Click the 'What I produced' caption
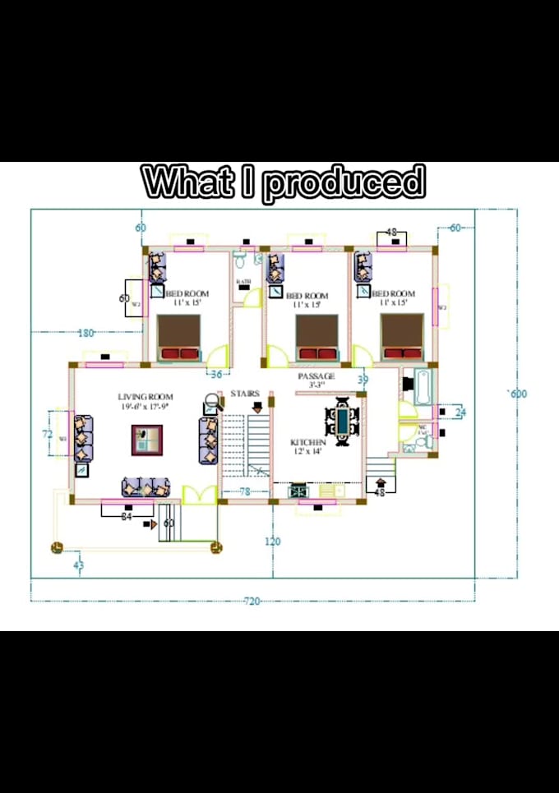tap(284, 182)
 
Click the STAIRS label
tap(245, 394)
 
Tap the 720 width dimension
tap(252, 602)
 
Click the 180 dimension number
tap(85, 333)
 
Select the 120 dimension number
tap(273, 541)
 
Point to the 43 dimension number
tap(79, 565)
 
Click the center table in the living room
tap(147, 440)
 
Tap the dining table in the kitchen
tap(342, 422)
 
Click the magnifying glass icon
tap(211, 403)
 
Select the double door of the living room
tap(200, 494)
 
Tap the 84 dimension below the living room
tap(127, 517)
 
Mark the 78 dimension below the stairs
tap(244, 491)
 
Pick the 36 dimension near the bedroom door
tap(216, 374)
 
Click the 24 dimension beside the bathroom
tap(460, 412)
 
